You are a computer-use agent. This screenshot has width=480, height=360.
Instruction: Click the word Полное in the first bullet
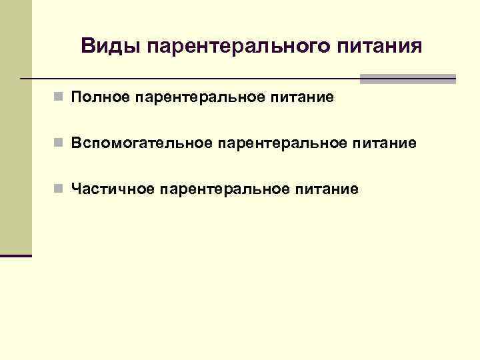[x=99, y=98]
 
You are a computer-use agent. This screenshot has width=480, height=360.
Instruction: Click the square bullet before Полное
[x=60, y=98]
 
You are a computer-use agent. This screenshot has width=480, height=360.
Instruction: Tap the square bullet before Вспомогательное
[x=60, y=143]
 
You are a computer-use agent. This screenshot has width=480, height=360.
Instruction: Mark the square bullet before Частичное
[x=60, y=189]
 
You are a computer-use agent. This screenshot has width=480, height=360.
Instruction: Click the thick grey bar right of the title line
[x=407, y=79]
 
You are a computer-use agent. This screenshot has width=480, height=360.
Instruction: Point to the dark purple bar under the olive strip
[x=15, y=255]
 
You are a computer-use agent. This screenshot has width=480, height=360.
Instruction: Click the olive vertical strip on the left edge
[x=15, y=127]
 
